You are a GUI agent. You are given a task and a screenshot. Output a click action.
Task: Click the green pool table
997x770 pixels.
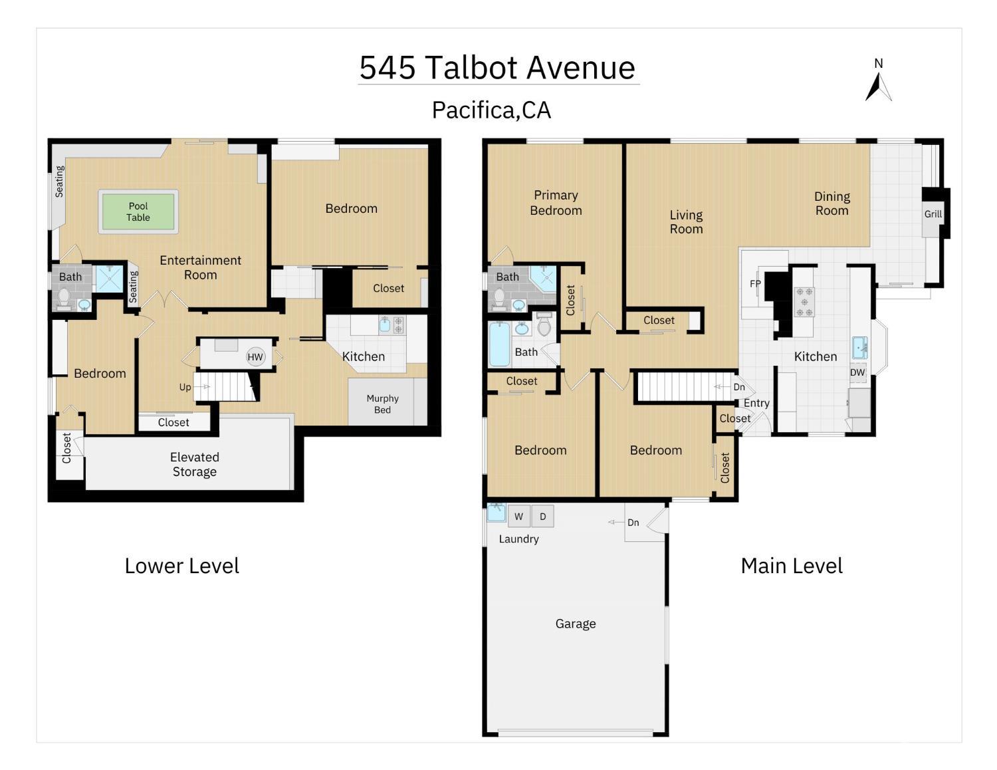(138, 211)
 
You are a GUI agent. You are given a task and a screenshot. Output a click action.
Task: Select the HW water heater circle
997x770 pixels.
(255, 356)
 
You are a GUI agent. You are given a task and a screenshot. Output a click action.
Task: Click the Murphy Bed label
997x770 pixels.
(382, 404)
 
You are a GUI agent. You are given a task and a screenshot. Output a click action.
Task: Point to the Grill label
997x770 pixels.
(933, 213)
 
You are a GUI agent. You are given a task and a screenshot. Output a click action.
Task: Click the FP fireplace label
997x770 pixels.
(755, 283)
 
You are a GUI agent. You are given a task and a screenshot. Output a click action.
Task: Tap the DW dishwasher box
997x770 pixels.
(857, 372)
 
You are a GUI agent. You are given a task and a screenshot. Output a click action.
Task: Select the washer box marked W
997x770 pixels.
(518, 517)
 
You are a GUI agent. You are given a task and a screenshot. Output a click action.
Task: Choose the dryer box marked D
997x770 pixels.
(542, 517)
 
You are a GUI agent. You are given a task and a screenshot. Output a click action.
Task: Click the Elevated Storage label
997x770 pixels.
(194, 464)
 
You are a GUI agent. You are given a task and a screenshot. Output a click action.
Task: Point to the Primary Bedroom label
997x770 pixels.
(556, 203)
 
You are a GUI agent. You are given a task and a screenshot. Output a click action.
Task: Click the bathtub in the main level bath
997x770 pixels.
(499, 344)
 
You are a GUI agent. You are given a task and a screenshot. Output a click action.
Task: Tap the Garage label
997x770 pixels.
(576, 624)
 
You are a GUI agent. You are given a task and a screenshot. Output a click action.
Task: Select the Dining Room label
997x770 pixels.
(831, 203)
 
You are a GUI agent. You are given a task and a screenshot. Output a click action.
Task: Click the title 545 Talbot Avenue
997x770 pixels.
(497, 67)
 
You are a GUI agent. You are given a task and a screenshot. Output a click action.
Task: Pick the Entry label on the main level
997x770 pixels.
(756, 403)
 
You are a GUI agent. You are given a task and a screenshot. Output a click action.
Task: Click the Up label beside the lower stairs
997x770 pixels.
(185, 387)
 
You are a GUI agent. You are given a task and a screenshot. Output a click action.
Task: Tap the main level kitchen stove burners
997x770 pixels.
(804, 302)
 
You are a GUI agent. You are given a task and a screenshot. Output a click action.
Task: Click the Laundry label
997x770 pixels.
(518, 539)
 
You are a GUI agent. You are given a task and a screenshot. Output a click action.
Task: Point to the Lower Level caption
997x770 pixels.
(181, 566)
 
